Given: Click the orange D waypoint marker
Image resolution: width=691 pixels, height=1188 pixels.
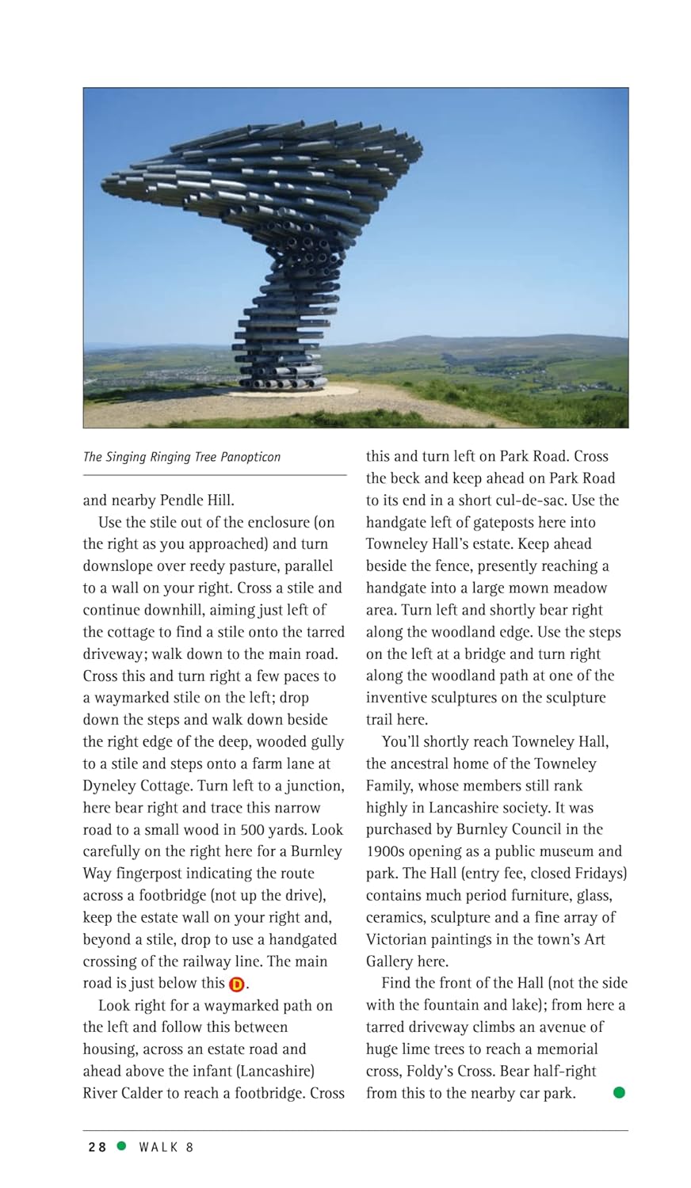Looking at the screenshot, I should coord(237,984).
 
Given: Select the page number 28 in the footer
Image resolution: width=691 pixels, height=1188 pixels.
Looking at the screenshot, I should coord(97,1147).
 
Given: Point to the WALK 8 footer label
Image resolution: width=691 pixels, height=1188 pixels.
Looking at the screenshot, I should coord(166,1147).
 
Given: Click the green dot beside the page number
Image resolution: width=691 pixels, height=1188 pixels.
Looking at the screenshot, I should coord(121,1146).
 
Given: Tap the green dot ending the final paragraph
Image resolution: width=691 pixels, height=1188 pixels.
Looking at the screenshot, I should coord(619,1093).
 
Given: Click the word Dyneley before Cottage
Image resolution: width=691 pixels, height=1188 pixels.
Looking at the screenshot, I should coord(110,786).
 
